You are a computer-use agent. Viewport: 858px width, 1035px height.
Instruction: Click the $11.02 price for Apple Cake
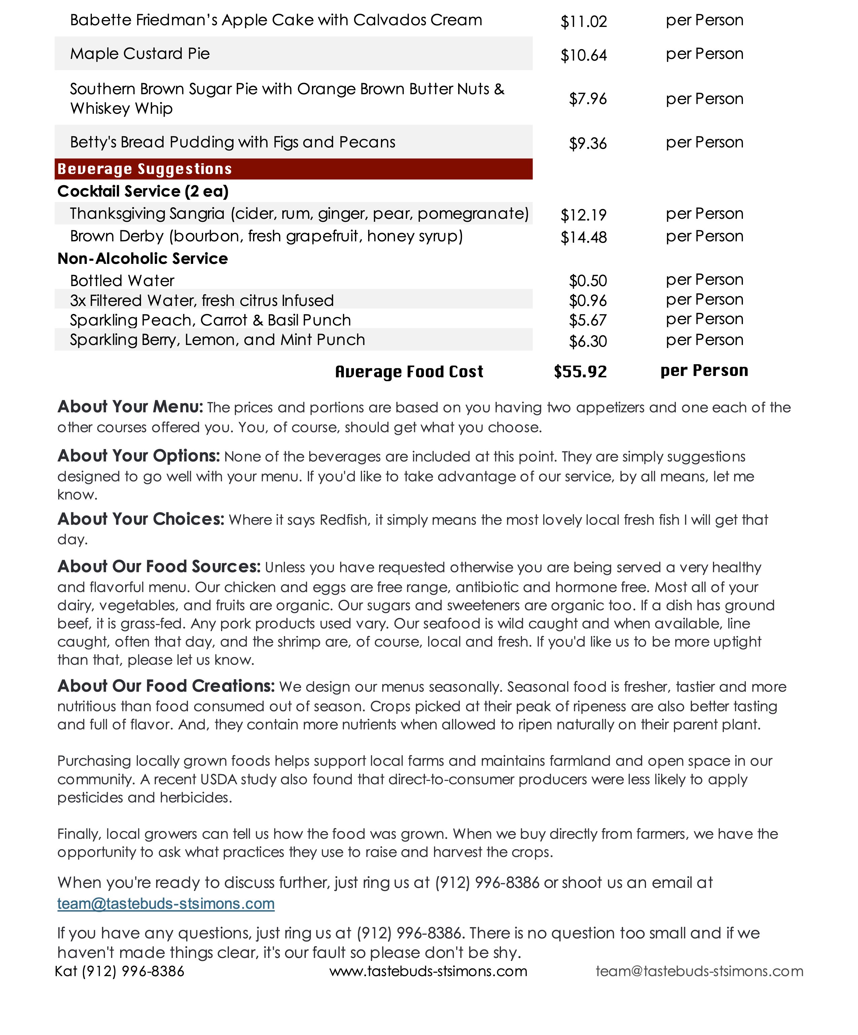[x=583, y=22]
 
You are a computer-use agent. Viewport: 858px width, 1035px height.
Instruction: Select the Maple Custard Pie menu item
[x=140, y=54]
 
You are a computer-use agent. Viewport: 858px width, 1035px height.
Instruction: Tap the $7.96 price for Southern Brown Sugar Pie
[x=587, y=99]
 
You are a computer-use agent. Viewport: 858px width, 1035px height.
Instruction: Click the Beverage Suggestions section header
[x=144, y=169]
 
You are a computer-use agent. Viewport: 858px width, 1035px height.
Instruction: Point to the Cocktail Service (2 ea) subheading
[x=143, y=191]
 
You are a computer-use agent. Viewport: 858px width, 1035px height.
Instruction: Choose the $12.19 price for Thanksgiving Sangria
[x=583, y=215]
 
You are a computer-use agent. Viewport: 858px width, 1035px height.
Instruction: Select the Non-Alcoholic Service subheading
[x=142, y=259]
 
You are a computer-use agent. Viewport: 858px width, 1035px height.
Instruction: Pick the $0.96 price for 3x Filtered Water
[x=587, y=301]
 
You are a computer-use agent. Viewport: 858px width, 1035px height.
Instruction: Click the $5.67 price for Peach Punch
[x=587, y=320]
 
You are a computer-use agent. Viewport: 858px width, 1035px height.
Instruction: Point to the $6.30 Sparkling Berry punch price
[x=587, y=341]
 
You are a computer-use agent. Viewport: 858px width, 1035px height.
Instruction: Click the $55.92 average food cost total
[x=580, y=372]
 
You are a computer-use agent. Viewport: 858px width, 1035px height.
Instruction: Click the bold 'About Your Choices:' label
[x=140, y=519]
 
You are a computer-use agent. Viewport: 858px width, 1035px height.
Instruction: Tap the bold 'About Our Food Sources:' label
[x=159, y=567]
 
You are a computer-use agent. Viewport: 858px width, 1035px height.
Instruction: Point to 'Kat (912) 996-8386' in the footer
[x=119, y=971]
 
